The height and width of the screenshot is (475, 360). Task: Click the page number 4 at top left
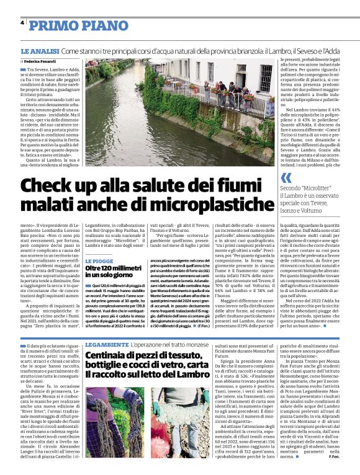coord(22,22)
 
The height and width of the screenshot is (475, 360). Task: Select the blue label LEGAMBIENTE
coord(107,344)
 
